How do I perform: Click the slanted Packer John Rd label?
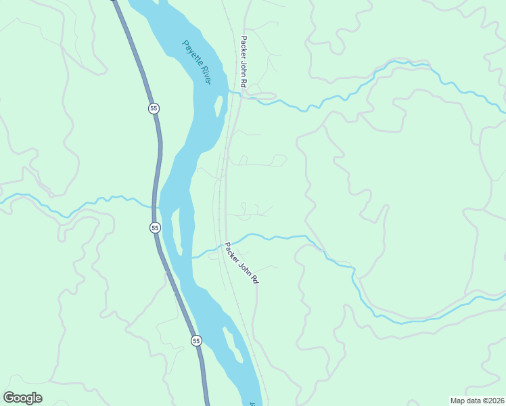click(241, 263)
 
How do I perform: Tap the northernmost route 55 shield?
click(154, 108)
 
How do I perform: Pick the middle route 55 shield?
click(155, 228)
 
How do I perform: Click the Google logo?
click(23, 398)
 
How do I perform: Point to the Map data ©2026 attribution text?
click(477, 401)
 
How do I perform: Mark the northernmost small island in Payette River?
click(219, 106)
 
